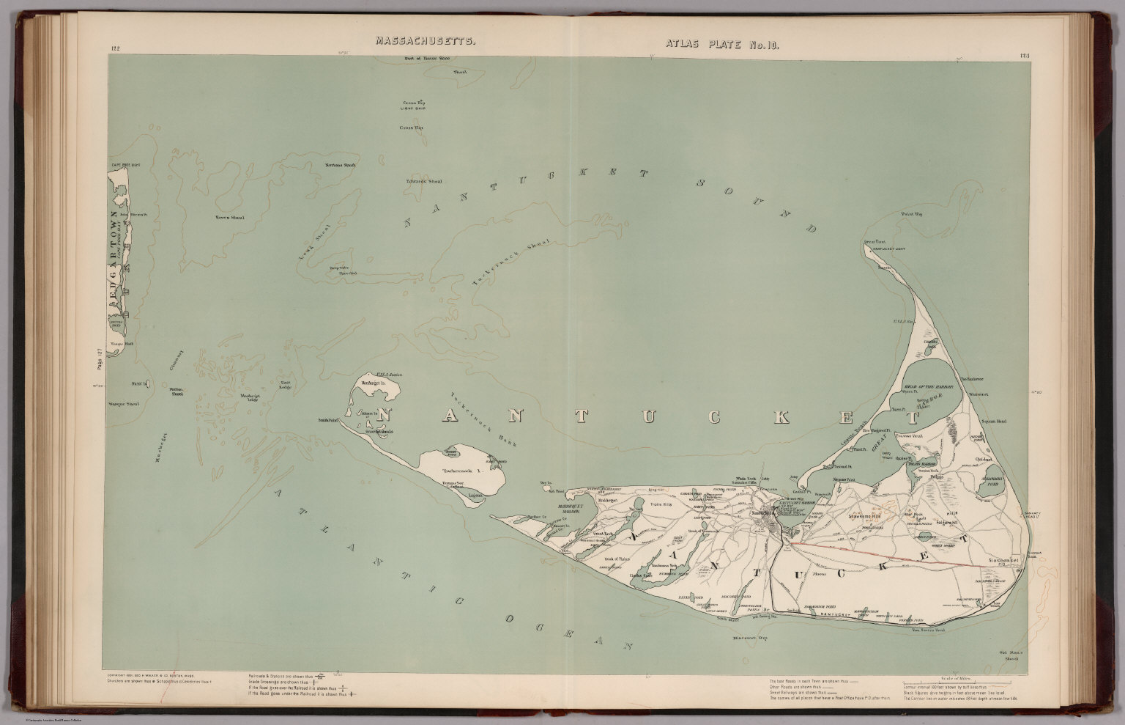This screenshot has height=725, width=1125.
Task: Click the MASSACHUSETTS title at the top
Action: [424, 42]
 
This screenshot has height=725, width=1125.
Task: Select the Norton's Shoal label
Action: [320, 164]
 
